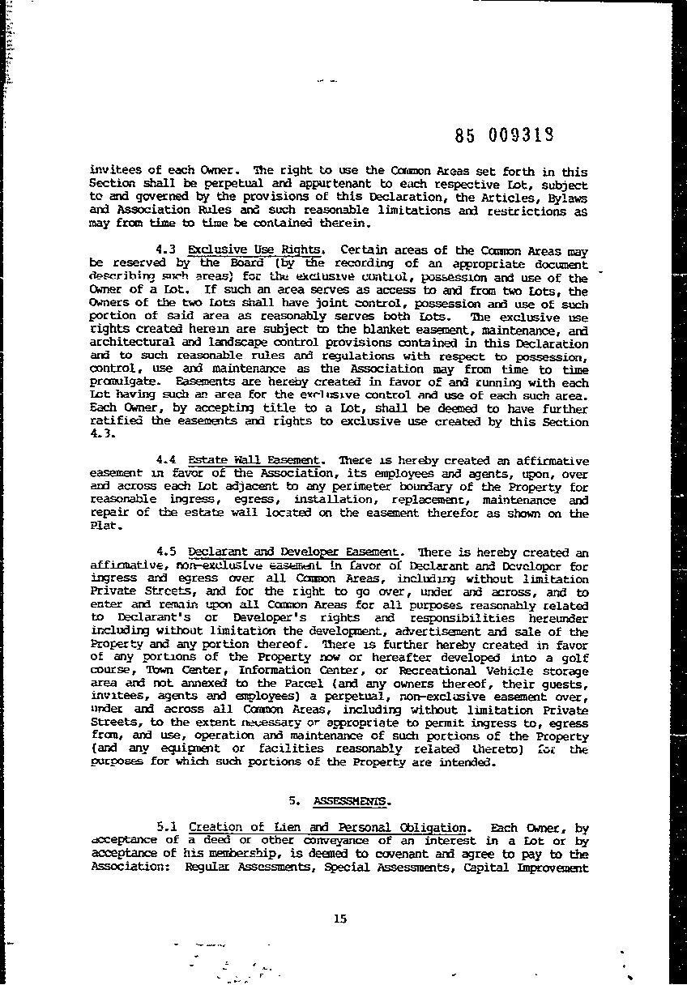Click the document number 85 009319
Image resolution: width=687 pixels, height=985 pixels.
click(504, 136)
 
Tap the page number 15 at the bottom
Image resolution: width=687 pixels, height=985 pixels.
click(339, 918)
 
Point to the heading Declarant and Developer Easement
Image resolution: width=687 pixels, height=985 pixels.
click(294, 552)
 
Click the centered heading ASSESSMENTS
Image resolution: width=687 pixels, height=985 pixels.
click(351, 801)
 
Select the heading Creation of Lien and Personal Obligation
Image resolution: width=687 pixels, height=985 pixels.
click(328, 827)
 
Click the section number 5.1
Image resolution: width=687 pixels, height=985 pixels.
click(167, 827)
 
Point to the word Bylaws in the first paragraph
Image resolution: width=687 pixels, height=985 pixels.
click(565, 197)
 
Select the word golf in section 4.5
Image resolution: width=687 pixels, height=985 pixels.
click(572, 657)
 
